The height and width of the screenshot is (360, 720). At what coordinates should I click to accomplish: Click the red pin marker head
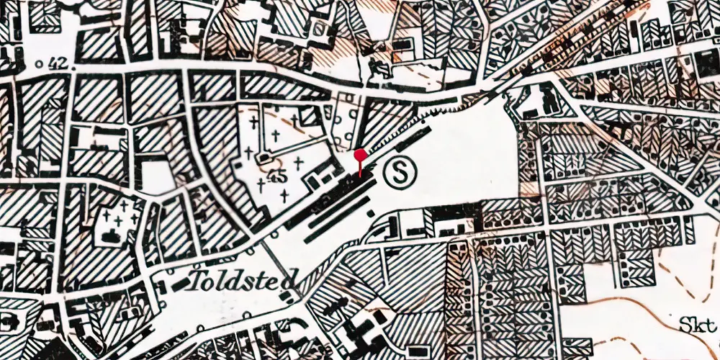coord(360,153)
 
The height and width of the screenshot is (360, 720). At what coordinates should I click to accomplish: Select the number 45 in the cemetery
coord(274,175)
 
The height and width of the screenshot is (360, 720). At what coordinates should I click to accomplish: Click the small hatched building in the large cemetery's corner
coord(308,115)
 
